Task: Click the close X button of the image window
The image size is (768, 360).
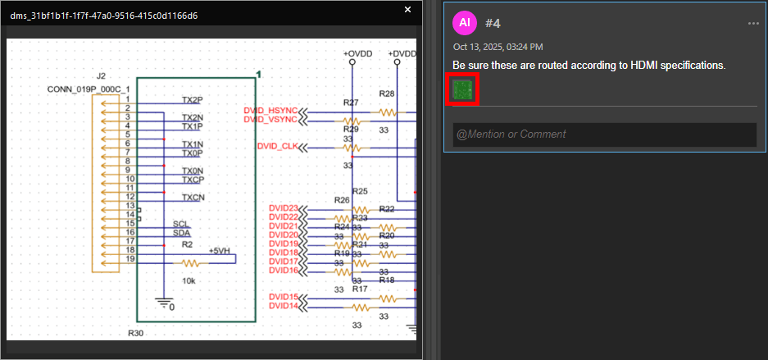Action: pyautogui.click(x=408, y=10)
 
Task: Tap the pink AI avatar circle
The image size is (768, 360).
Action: pyautogui.click(x=465, y=23)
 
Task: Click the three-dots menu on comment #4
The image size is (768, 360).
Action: pyautogui.click(x=753, y=24)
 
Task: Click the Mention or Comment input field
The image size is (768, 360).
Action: pyautogui.click(x=604, y=134)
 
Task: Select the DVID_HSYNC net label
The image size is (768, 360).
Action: pyautogui.click(x=271, y=111)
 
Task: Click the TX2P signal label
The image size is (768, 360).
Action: pyautogui.click(x=193, y=100)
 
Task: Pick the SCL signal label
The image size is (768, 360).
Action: pyautogui.click(x=180, y=224)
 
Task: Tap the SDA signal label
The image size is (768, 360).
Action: pyautogui.click(x=181, y=233)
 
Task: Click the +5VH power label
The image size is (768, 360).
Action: pyautogui.click(x=220, y=251)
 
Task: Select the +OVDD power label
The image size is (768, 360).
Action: pyautogui.click(x=357, y=53)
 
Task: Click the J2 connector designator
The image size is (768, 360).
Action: pyautogui.click(x=101, y=76)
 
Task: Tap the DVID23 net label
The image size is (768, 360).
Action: pyautogui.click(x=284, y=208)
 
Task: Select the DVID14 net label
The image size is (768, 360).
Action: pyautogui.click(x=284, y=306)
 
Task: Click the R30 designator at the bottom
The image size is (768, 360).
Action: pyautogui.click(x=135, y=334)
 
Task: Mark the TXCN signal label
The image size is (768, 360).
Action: pyautogui.click(x=193, y=198)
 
